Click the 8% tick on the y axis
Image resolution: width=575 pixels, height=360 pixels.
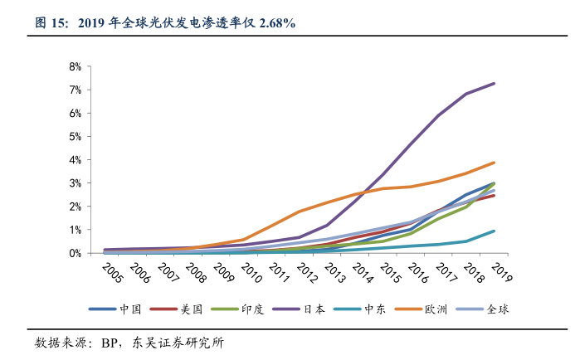tap(75, 66)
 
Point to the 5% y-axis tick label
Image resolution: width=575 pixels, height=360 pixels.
tap(75, 136)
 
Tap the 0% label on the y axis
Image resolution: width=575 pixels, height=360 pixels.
tap(75, 253)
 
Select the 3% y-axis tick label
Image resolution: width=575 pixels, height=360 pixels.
tap(75, 182)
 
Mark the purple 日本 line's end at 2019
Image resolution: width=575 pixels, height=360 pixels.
tap(495, 83)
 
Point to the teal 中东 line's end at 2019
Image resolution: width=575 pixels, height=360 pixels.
tap(495, 231)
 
